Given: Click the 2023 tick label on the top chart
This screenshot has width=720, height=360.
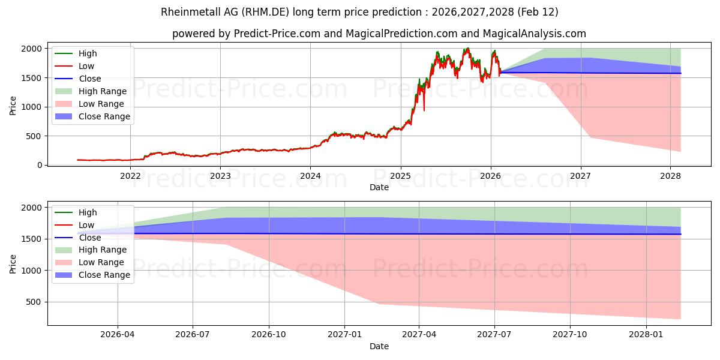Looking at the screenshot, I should (x=220, y=176).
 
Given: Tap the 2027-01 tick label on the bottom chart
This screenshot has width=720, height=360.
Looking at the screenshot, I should (x=344, y=335).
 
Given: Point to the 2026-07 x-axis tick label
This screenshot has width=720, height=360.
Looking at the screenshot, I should (x=193, y=335).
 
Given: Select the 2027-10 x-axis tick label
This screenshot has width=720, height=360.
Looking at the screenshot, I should (x=570, y=335).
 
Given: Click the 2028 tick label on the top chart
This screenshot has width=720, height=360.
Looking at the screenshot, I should (x=670, y=176).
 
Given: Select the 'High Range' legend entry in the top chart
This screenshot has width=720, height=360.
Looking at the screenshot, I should (x=103, y=91).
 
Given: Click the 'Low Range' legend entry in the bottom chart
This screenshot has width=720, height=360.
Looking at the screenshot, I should (x=101, y=262).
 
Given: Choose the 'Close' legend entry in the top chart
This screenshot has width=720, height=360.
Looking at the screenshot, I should (x=89, y=79).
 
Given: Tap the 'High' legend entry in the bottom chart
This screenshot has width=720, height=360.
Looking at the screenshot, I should (x=88, y=212).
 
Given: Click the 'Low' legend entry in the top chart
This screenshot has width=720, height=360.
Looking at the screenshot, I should (x=86, y=66).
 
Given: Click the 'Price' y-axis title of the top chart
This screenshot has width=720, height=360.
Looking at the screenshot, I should (x=13, y=106).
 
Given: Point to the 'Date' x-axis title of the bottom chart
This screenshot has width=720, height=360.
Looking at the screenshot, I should (x=379, y=346).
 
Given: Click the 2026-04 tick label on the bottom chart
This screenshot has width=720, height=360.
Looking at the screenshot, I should (x=118, y=335).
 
